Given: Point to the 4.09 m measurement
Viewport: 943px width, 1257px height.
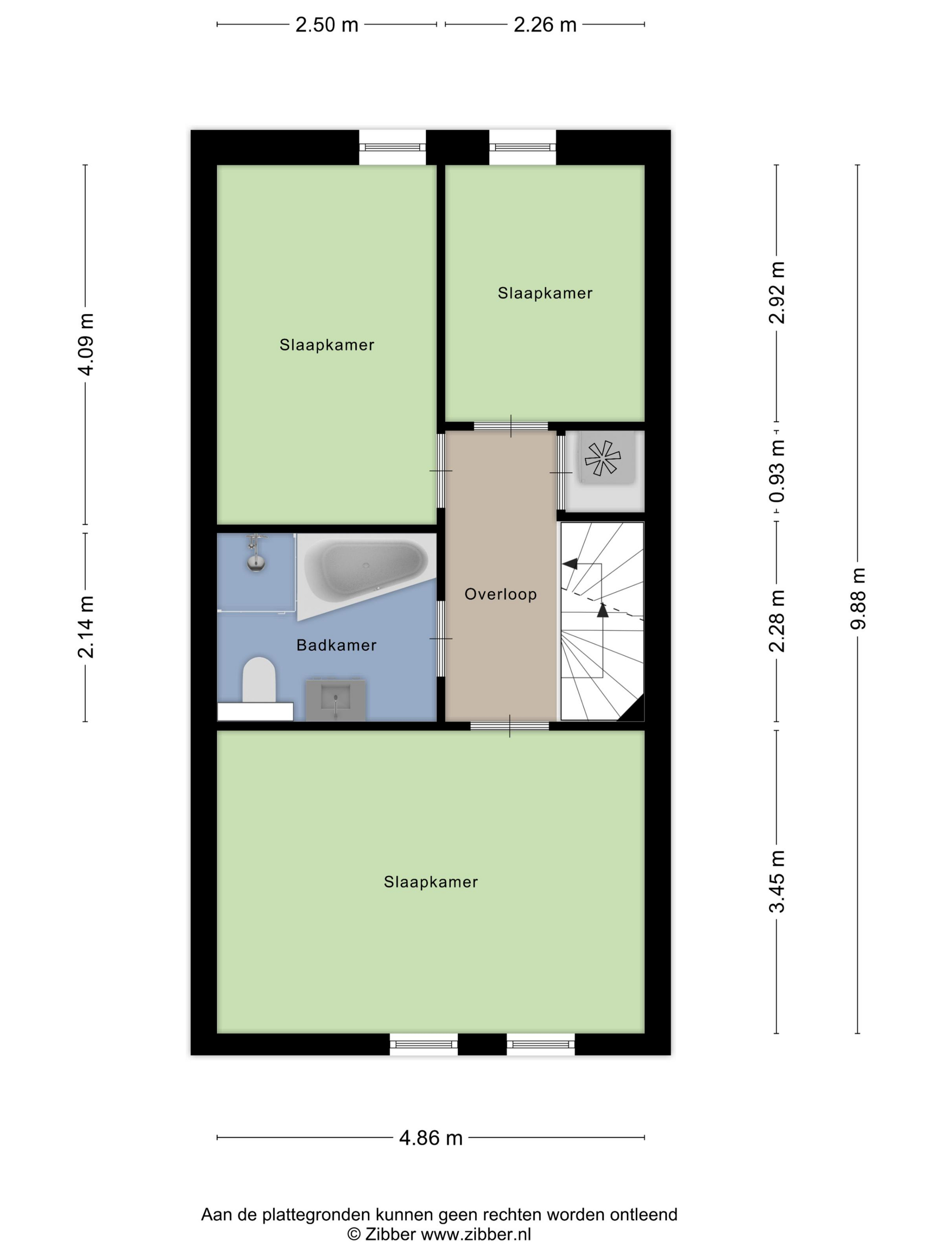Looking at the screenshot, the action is [x=86, y=344].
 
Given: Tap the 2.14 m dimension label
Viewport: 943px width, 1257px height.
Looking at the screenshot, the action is [x=86, y=627].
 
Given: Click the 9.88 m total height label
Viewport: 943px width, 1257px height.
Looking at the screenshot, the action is [x=858, y=599].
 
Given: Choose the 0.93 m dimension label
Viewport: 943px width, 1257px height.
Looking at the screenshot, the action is [x=777, y=471].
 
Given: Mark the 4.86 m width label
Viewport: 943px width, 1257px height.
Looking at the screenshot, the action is [x=431, y=1138].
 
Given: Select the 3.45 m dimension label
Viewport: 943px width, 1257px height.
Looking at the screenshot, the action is [x=777, y=881].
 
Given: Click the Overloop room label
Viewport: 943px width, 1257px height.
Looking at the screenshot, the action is [x=500, y=594].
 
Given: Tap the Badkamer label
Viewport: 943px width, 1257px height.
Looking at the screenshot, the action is [x=336, y=645].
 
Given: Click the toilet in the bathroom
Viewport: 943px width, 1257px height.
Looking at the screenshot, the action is [x=259, y=680].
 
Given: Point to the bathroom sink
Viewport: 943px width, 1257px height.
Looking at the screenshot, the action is [x=335, y=699].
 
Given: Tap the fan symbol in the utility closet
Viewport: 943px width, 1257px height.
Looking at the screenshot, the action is [x=603, y=458].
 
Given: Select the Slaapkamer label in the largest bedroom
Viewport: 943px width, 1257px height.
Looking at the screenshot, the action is [x=431, y=881].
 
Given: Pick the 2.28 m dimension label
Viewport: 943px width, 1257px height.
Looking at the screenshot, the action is [x=777, y=621].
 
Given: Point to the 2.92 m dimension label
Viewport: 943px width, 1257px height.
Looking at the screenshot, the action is [x=777, y=293].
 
